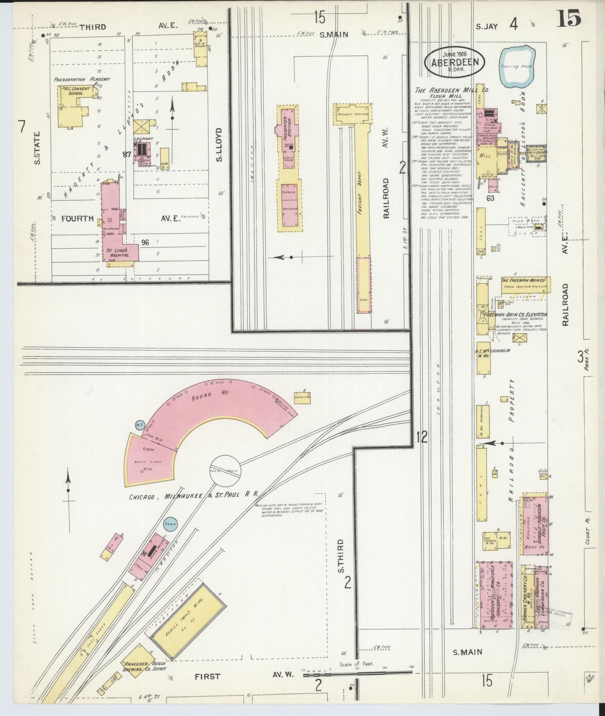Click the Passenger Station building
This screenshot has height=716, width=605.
(x=289, y=138)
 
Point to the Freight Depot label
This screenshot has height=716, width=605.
(x=360, y=193)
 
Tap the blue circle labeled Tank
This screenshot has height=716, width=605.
(x=170, y=524)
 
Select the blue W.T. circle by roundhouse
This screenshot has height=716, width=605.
(x=139, y=425)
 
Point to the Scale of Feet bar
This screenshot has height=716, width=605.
(x=356, y=672)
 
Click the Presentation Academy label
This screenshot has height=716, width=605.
(x=82, y=79)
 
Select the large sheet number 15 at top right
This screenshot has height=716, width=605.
(x=568, y=19)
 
